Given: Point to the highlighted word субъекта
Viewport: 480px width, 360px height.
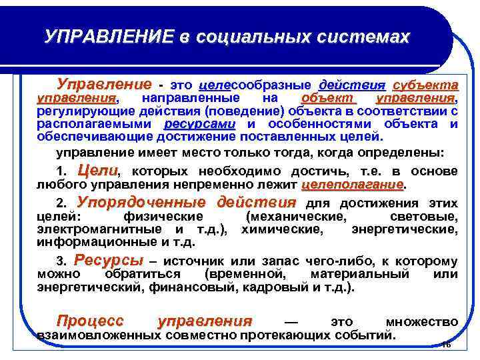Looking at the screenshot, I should coord(425,85).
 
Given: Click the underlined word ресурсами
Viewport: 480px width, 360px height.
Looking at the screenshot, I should coord(200,124).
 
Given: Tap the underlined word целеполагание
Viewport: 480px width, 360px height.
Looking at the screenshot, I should coord(353,184).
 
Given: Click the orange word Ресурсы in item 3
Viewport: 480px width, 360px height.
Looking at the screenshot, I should coord(109,261).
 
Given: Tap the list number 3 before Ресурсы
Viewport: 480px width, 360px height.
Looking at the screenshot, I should coord(61,262).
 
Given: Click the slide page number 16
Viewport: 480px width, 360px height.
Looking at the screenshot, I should coord(446,344).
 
